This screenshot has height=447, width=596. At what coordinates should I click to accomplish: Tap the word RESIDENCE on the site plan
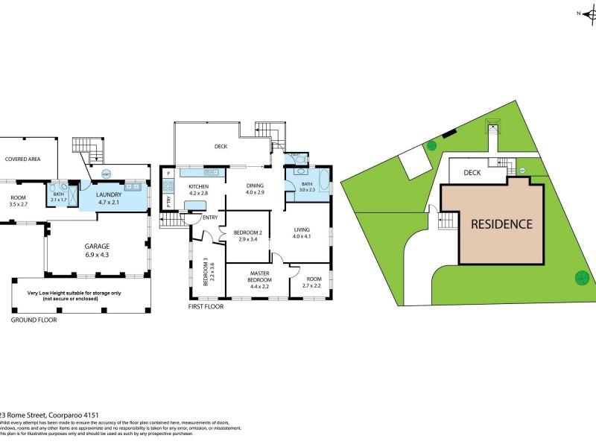point(501,223)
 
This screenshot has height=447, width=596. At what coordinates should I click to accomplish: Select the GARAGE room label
point(97,246)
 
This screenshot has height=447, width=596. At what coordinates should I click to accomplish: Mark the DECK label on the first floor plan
point(219,147)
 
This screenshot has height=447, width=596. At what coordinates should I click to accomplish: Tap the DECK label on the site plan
point(472,173)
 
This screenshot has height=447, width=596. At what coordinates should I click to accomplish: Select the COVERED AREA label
point(23,159)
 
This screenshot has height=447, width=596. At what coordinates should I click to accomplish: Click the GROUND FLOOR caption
point(34,320)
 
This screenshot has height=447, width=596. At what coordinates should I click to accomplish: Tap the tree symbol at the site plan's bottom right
point(581,279)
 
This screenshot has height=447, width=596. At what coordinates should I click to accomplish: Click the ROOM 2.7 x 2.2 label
point(310,282)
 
